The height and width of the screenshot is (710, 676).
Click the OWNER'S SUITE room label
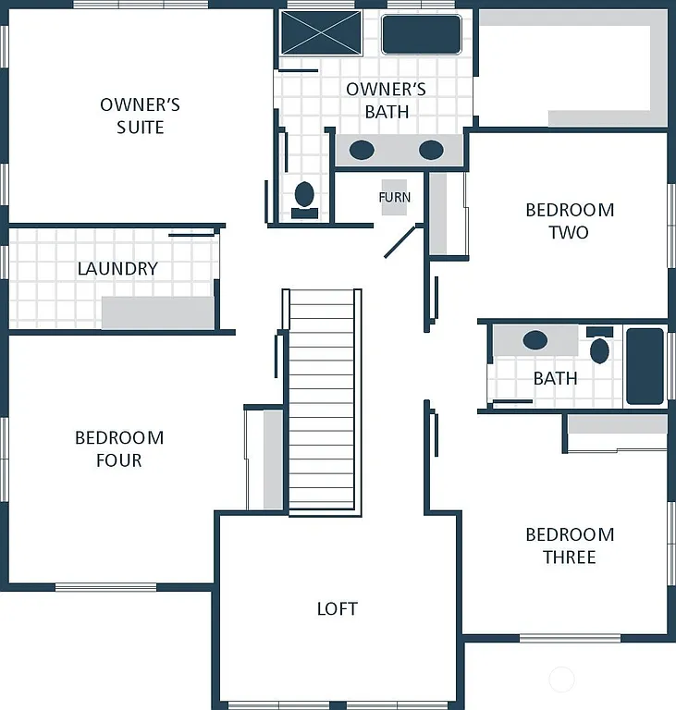click(140, 116)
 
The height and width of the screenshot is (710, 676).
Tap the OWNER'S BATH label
click(386, 101)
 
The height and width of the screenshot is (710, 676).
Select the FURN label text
click(394, 197)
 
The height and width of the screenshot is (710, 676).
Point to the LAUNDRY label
click(117, 269)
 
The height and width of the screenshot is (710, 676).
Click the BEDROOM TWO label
click(569, 221)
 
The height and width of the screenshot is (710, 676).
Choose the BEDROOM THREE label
click(569, 545)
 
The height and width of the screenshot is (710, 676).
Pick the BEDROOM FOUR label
click(119, 448)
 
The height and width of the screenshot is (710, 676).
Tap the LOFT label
click(337, 608)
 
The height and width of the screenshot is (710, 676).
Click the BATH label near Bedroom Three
click(555, 378)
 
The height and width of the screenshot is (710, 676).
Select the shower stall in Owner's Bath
click(322, 34)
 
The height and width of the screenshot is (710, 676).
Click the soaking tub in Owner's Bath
click(421, 34)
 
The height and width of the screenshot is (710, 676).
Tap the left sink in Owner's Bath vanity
click(362, 150)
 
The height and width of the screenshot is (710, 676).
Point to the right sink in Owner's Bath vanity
click(431, 150)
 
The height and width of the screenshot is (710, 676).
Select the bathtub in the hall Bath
click(645, 366)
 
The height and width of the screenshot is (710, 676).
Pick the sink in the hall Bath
click(535, 340)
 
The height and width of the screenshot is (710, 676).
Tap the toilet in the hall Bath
click(599, 348)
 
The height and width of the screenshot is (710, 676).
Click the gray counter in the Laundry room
click(157, 312)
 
